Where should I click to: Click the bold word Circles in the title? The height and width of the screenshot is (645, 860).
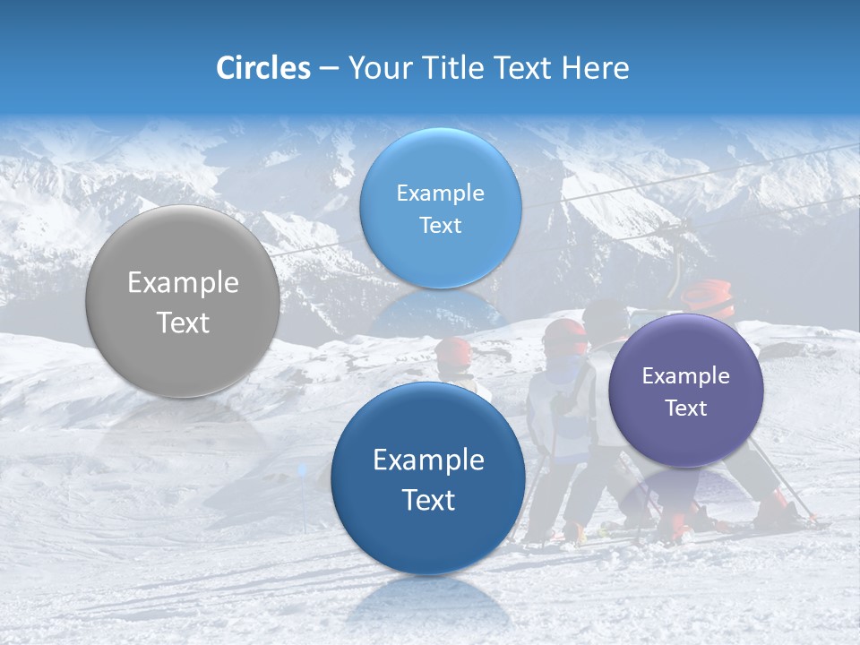[262, 68]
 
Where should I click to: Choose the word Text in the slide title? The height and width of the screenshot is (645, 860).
[522, 68]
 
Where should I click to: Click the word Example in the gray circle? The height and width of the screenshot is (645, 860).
[183, 283]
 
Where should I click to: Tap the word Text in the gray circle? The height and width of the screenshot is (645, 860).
[183, 322]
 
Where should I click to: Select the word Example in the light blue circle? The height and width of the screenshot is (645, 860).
[440, 193]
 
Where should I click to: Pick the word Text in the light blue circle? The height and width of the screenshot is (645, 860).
[440, 226]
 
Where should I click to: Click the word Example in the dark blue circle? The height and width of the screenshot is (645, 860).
[428, 460]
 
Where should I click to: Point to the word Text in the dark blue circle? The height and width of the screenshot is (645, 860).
[428, 500]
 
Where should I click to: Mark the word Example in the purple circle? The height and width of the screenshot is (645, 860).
[685, 376]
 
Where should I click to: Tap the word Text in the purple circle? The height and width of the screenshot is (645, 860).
[686, 408]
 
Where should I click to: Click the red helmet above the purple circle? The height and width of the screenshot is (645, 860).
[708, 297]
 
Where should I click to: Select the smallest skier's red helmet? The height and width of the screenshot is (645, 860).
[454, 350]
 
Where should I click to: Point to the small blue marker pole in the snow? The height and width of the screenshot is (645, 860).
[303, 472]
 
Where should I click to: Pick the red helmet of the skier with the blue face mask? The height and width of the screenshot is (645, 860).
[565, 335]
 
